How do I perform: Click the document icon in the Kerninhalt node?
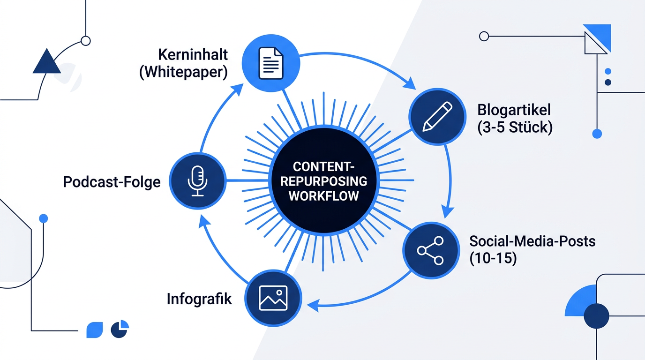click(x=270, y=63)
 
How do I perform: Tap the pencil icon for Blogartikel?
click(x=437, y=116)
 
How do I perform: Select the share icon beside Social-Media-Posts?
click(x=430, y=251)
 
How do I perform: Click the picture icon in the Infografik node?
click(x=273, y=298)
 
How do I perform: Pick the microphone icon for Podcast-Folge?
click(x=197, y=181)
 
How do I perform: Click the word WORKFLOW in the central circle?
click(x=323, y=196)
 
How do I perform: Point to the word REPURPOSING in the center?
click(x=323, y=181)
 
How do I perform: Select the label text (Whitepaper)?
click(x=183, y=72)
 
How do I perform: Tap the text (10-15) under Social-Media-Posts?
click(x=493, y=258)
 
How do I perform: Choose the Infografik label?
click(x=199, y=299)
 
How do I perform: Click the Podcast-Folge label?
click(x=112, y=182)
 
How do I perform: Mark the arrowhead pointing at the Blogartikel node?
click(x=410, y=83)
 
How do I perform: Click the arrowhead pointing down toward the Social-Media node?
click(x=448, y=212)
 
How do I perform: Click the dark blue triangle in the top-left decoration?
click(x=47, y=61)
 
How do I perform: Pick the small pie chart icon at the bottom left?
click(x=120, y=329)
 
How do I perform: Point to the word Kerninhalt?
click(x=193, y=54)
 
